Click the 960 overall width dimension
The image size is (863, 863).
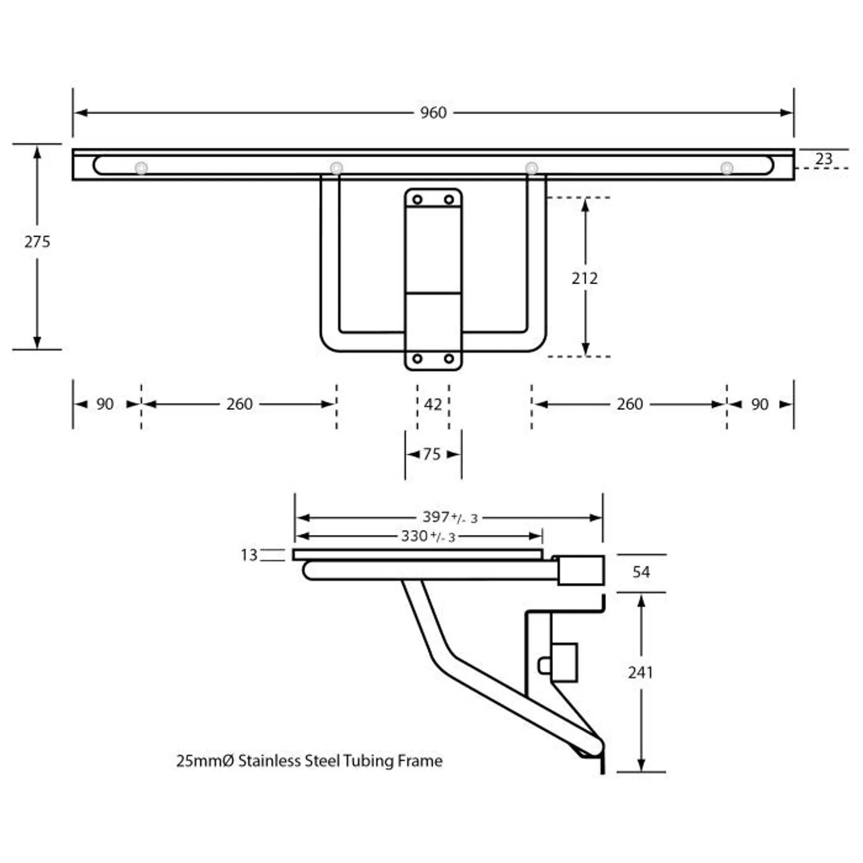click(433, 113)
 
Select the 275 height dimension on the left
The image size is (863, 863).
click(37, 242)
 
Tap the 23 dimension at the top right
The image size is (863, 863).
click(823, 159)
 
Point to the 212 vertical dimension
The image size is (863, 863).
click(585, 278)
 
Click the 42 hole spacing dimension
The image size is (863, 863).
click(433, 404)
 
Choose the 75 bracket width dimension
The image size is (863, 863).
click(432, 454)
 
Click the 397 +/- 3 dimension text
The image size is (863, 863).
click(449, 517)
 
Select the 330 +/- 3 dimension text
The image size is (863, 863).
click(428, 536)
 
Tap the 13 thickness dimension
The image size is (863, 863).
click(249, 555)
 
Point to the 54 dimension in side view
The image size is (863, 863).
click(641, 572)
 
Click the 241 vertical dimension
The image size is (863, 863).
click(640, 672)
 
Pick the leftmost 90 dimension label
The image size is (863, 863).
click(105, 404)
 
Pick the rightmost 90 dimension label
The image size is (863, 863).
click(759, 404)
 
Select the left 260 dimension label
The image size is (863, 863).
click(239, 404)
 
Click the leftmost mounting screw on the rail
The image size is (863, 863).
click(141, 168)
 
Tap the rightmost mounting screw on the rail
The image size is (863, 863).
click(727, 168)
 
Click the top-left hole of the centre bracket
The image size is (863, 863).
click(417, 200)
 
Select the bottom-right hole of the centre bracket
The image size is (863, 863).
click(449, 359)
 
